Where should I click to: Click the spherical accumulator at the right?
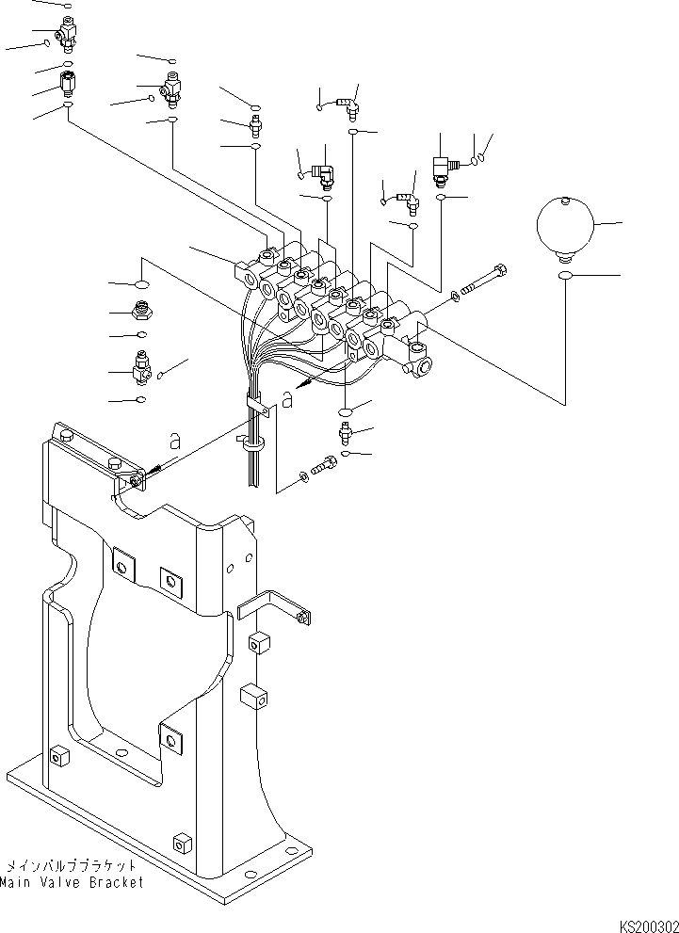tap(564, 227)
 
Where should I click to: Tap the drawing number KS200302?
tap(648, 925)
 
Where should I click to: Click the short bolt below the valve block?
tap(323, 464)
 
